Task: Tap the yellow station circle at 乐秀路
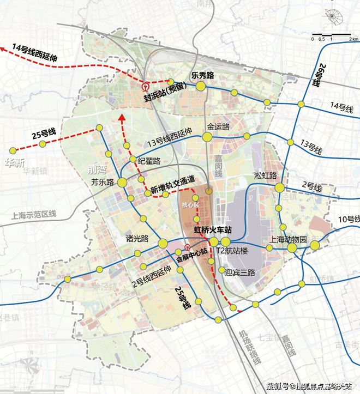[201, 86]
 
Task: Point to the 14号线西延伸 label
[38, 52]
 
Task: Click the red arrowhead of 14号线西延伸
[4, 48]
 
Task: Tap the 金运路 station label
[218, 126]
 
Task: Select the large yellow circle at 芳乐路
[122, 183]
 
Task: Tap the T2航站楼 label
[232, 251]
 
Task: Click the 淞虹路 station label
[266, 175]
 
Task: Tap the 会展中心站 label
[188, 252]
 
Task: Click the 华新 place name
[15, 162]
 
